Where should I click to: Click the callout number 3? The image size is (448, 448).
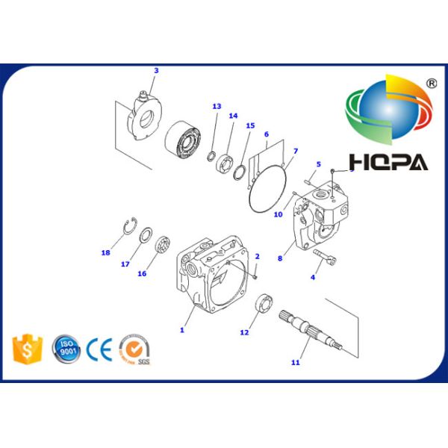coord(156,71)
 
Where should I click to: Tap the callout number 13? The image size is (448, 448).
coord(217,107)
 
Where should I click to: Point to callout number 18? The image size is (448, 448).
coord(105,252)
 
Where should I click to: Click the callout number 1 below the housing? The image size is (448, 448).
coord(181,329)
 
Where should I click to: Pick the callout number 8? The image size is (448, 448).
coord(279,258)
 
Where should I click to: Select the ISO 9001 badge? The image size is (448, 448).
coord(66,349)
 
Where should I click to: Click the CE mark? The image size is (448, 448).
coord(99,349)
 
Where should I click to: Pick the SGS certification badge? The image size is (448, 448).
coord(135,349)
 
